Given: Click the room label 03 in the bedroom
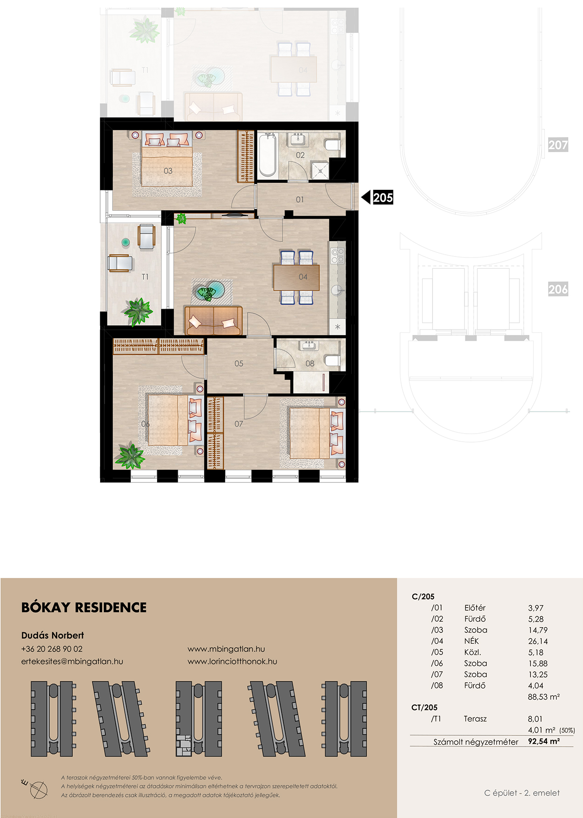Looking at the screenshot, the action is [168, 171].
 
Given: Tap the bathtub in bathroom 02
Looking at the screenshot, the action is [268, 155].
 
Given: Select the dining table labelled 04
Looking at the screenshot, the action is [296, 278].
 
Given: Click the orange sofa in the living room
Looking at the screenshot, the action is [213, 320].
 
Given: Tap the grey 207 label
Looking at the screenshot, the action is [558, 145].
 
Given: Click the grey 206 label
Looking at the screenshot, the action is [558, 289].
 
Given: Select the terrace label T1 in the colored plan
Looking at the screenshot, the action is [145, 277].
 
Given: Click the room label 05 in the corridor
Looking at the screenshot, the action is [239, 364].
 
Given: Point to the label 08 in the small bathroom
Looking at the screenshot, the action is [310, 364].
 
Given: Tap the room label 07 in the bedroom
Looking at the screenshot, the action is [239, 424].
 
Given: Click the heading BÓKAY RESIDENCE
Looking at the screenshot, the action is [84, 608].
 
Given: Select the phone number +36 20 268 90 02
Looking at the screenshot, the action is [52, 649].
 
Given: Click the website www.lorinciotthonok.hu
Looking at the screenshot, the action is [232, 661].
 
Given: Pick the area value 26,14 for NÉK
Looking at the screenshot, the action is [538, 641].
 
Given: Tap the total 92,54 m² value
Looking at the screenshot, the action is [544, 741].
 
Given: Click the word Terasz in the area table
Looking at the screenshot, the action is [475, 719].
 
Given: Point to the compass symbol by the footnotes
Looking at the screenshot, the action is [37, 788].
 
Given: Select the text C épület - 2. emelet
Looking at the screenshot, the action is [522, 793].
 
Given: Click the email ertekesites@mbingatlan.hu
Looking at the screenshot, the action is [72, 662].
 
